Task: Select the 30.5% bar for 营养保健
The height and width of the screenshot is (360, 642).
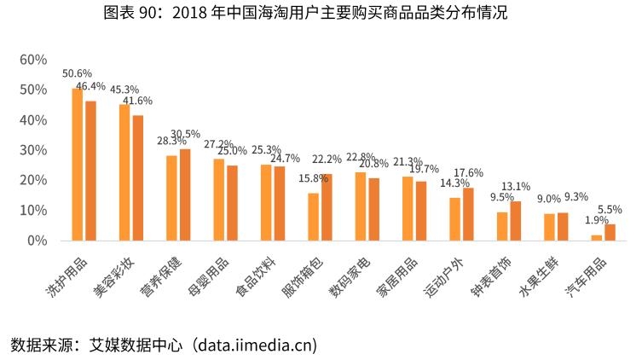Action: click(185, 195)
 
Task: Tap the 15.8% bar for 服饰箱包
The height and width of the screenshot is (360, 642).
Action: click(313, 217)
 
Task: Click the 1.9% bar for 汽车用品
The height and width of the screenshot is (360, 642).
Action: click(596, 238)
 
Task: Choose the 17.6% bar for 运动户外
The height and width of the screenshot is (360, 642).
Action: click(468, 214)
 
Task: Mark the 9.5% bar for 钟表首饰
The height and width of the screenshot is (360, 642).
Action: click(502, 226)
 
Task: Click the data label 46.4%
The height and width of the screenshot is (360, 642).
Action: click(90, 86)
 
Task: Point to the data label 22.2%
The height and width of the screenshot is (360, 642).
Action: click(327, 160)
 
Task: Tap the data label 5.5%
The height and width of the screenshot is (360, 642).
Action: click(610, 209)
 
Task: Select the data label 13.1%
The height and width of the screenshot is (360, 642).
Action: click(516, 186)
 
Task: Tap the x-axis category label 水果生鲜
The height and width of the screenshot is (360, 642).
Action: click(543, 275)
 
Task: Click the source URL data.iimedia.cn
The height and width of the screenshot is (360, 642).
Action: click(255, 345)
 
